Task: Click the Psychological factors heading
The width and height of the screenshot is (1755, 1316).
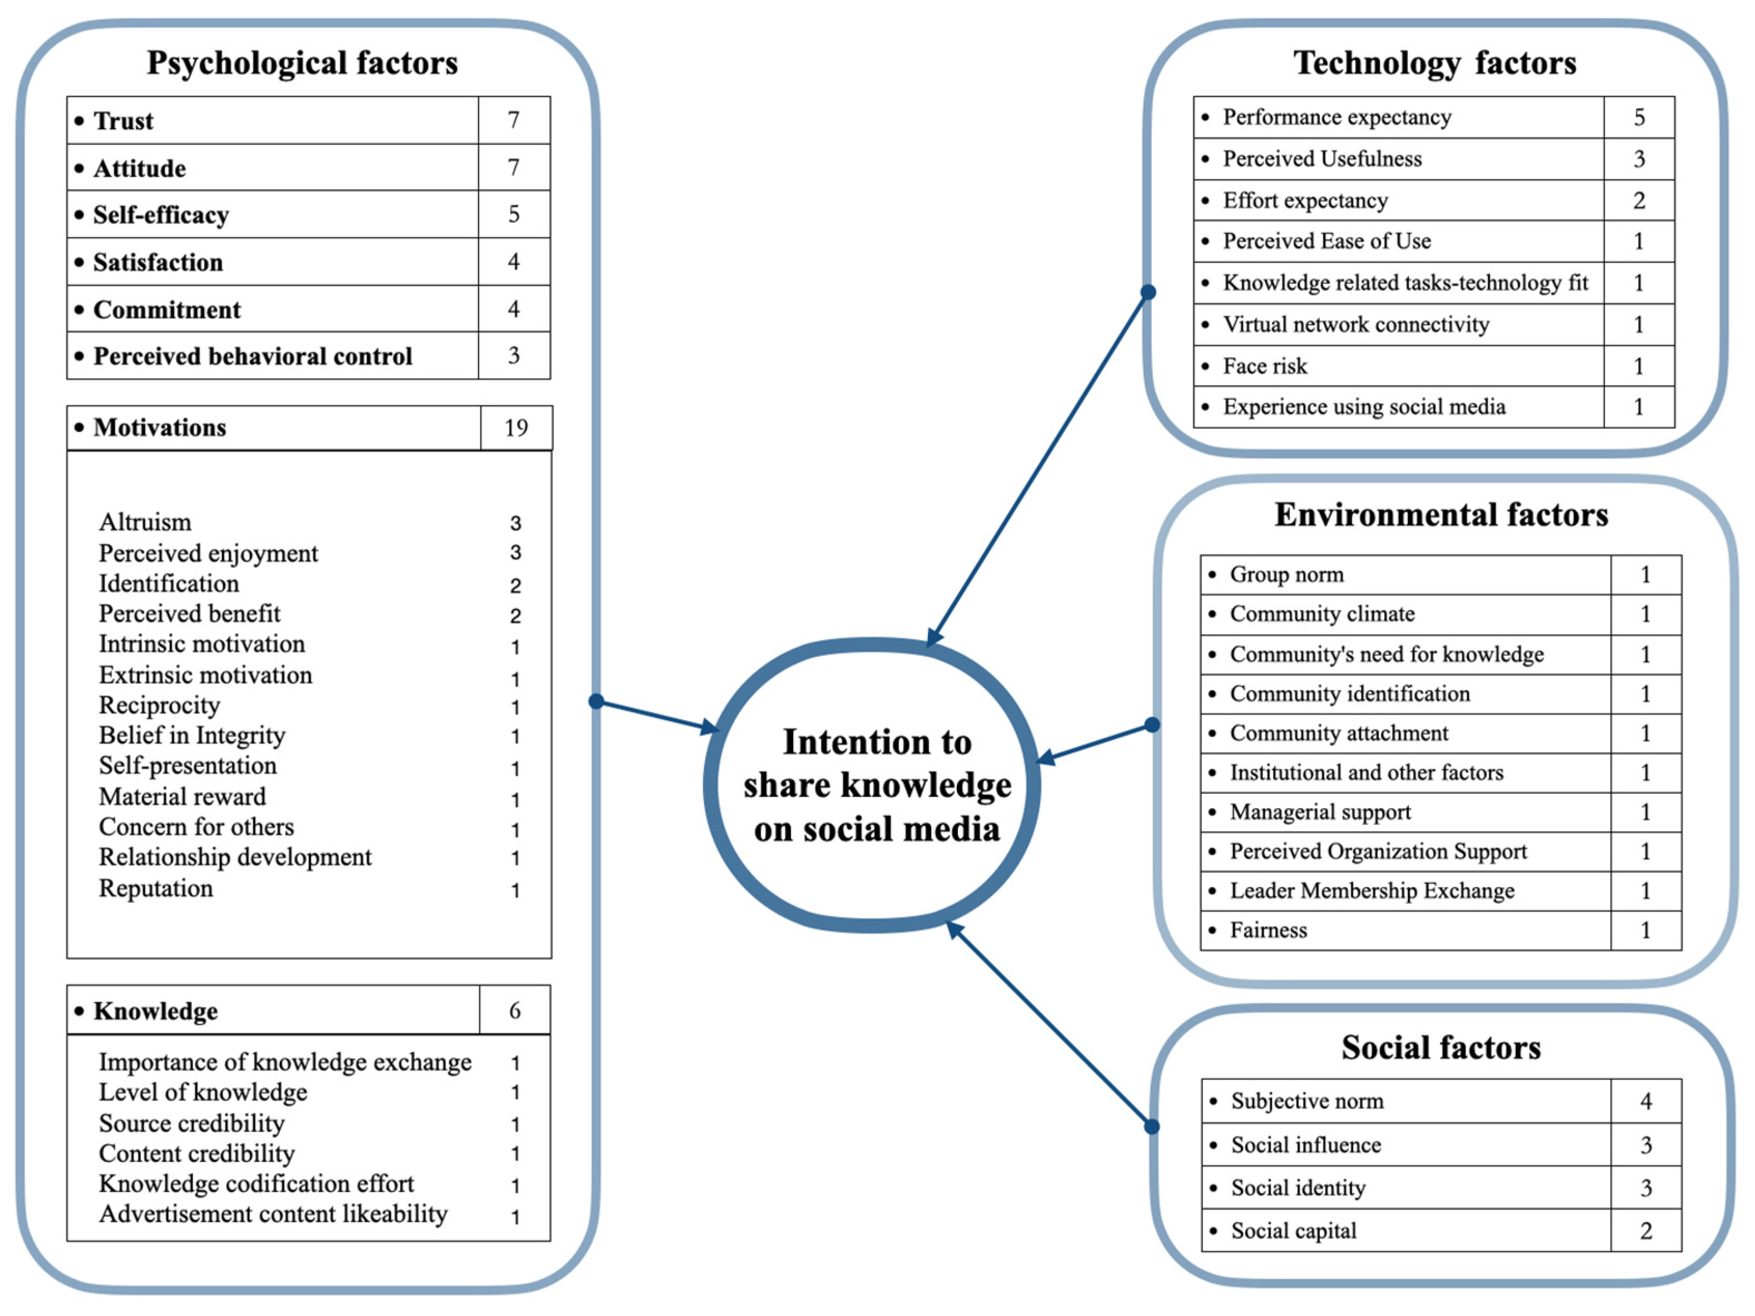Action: coord(302,63)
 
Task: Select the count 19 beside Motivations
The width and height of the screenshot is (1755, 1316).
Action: coord(516,427)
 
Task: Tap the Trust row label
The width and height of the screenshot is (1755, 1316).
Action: coord(123,121)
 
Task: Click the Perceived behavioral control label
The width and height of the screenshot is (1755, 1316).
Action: coord(252,356)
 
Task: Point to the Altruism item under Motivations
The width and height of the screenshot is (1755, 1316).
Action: coord(145,522)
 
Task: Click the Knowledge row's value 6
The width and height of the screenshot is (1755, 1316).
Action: coord(514,1011)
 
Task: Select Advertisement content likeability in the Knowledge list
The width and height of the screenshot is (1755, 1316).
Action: coord(273,1214)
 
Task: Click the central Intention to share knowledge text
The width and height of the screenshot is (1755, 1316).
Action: coord(876,785)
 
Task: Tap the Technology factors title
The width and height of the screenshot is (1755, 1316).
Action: coord(1434,63)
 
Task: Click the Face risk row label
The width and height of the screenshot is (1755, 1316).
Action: coord(1265,366)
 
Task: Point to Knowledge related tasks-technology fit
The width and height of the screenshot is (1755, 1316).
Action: coord(1405,282)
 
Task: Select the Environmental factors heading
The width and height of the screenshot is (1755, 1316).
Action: coord(1441,515)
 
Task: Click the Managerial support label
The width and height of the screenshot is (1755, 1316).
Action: coord(1320,811)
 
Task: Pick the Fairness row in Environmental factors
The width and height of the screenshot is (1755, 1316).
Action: coord(1268,930)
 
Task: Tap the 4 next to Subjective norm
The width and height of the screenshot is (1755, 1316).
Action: coord(1645,1101)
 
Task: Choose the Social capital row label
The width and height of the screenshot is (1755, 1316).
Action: coord(1293,1230)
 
